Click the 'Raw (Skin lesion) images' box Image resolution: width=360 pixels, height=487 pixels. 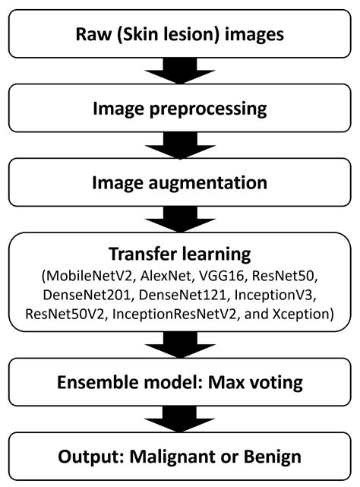[x=180, y=34]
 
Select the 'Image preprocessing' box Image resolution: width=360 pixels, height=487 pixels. [x=180, y=108]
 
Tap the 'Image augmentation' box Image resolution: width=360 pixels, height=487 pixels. [x=180, y=182]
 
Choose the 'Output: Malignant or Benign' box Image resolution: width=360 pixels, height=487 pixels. [x=180, y=457]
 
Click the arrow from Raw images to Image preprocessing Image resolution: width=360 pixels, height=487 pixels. [x=180, y=71]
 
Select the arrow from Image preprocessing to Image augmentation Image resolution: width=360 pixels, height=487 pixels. [x=180, y=145]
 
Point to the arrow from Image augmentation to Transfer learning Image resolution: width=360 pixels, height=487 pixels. [x=180, y=220]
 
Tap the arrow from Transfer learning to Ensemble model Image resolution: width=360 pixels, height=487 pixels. [x=180, y=346]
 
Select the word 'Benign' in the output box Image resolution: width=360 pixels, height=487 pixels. [x=278, y=457]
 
